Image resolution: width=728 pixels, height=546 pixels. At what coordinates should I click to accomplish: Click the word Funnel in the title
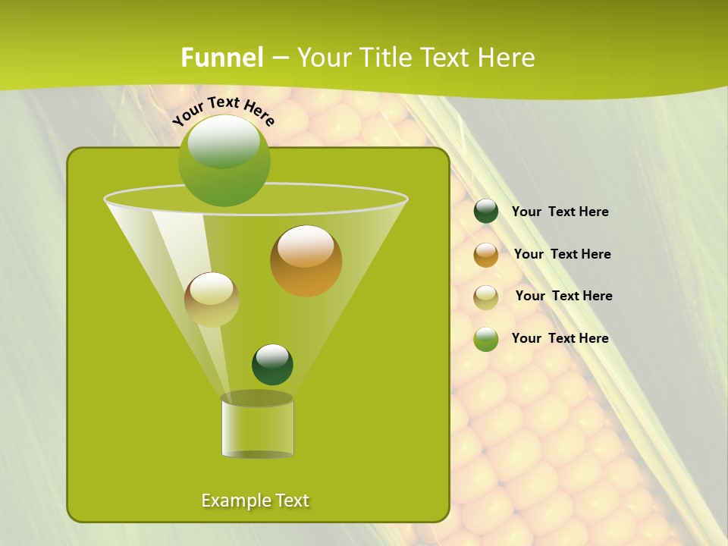click(x=222, y=58)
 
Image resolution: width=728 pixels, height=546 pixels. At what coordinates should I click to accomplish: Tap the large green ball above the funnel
click(x=224, y=161)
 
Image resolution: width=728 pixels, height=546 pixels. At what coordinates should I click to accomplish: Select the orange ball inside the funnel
click(x=306, y=261)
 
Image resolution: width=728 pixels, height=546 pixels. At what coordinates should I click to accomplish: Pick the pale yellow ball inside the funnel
click(x=212, y=300)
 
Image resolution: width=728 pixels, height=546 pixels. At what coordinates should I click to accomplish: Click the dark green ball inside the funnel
click(x=272, y=364)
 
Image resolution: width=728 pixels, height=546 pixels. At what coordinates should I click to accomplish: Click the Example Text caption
click(x=255, y=500)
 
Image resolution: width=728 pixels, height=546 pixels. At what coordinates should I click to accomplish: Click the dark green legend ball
click(x=486, y=212)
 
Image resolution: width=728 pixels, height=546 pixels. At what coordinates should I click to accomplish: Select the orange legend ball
click(x=486, y=255)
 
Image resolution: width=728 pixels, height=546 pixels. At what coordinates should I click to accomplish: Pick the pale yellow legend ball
click(x=486, y=297)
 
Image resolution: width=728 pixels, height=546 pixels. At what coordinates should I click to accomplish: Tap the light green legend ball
click(x=486, y=339)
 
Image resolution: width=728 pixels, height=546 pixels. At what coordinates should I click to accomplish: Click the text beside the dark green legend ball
click(x=560, y=212)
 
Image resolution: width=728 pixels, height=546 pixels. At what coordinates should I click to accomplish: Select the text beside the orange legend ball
click(x=562, y=255)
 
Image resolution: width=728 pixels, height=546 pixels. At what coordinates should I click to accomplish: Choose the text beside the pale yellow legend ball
click(x=563, y=297)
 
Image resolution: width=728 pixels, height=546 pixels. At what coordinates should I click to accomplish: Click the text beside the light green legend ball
click(x=560, y=339)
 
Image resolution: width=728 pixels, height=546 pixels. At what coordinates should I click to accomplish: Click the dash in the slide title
click(x=280, y=58)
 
